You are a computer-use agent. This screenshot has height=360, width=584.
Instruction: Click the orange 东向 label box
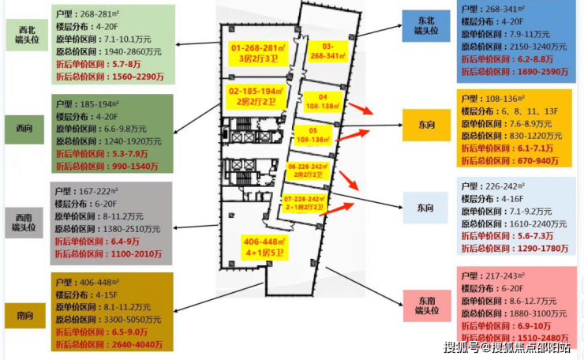425,124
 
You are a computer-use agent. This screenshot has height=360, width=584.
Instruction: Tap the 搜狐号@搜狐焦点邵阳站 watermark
507,347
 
